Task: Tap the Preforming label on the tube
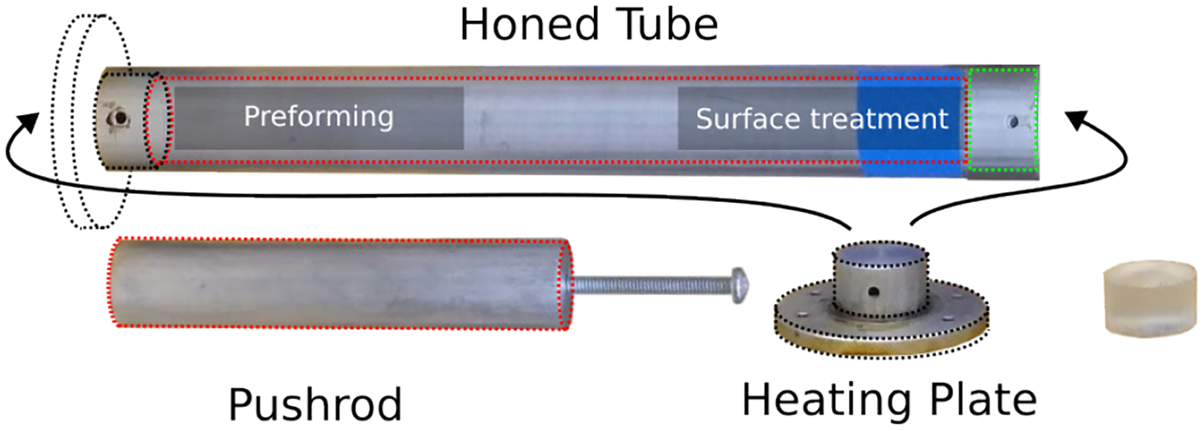tap(318, 116)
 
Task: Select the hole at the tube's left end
tap(120, 119)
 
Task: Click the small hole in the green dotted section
tap(1013, 122)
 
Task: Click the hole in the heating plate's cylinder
tap(874, 292)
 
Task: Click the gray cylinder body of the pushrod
tap(334, 284)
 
